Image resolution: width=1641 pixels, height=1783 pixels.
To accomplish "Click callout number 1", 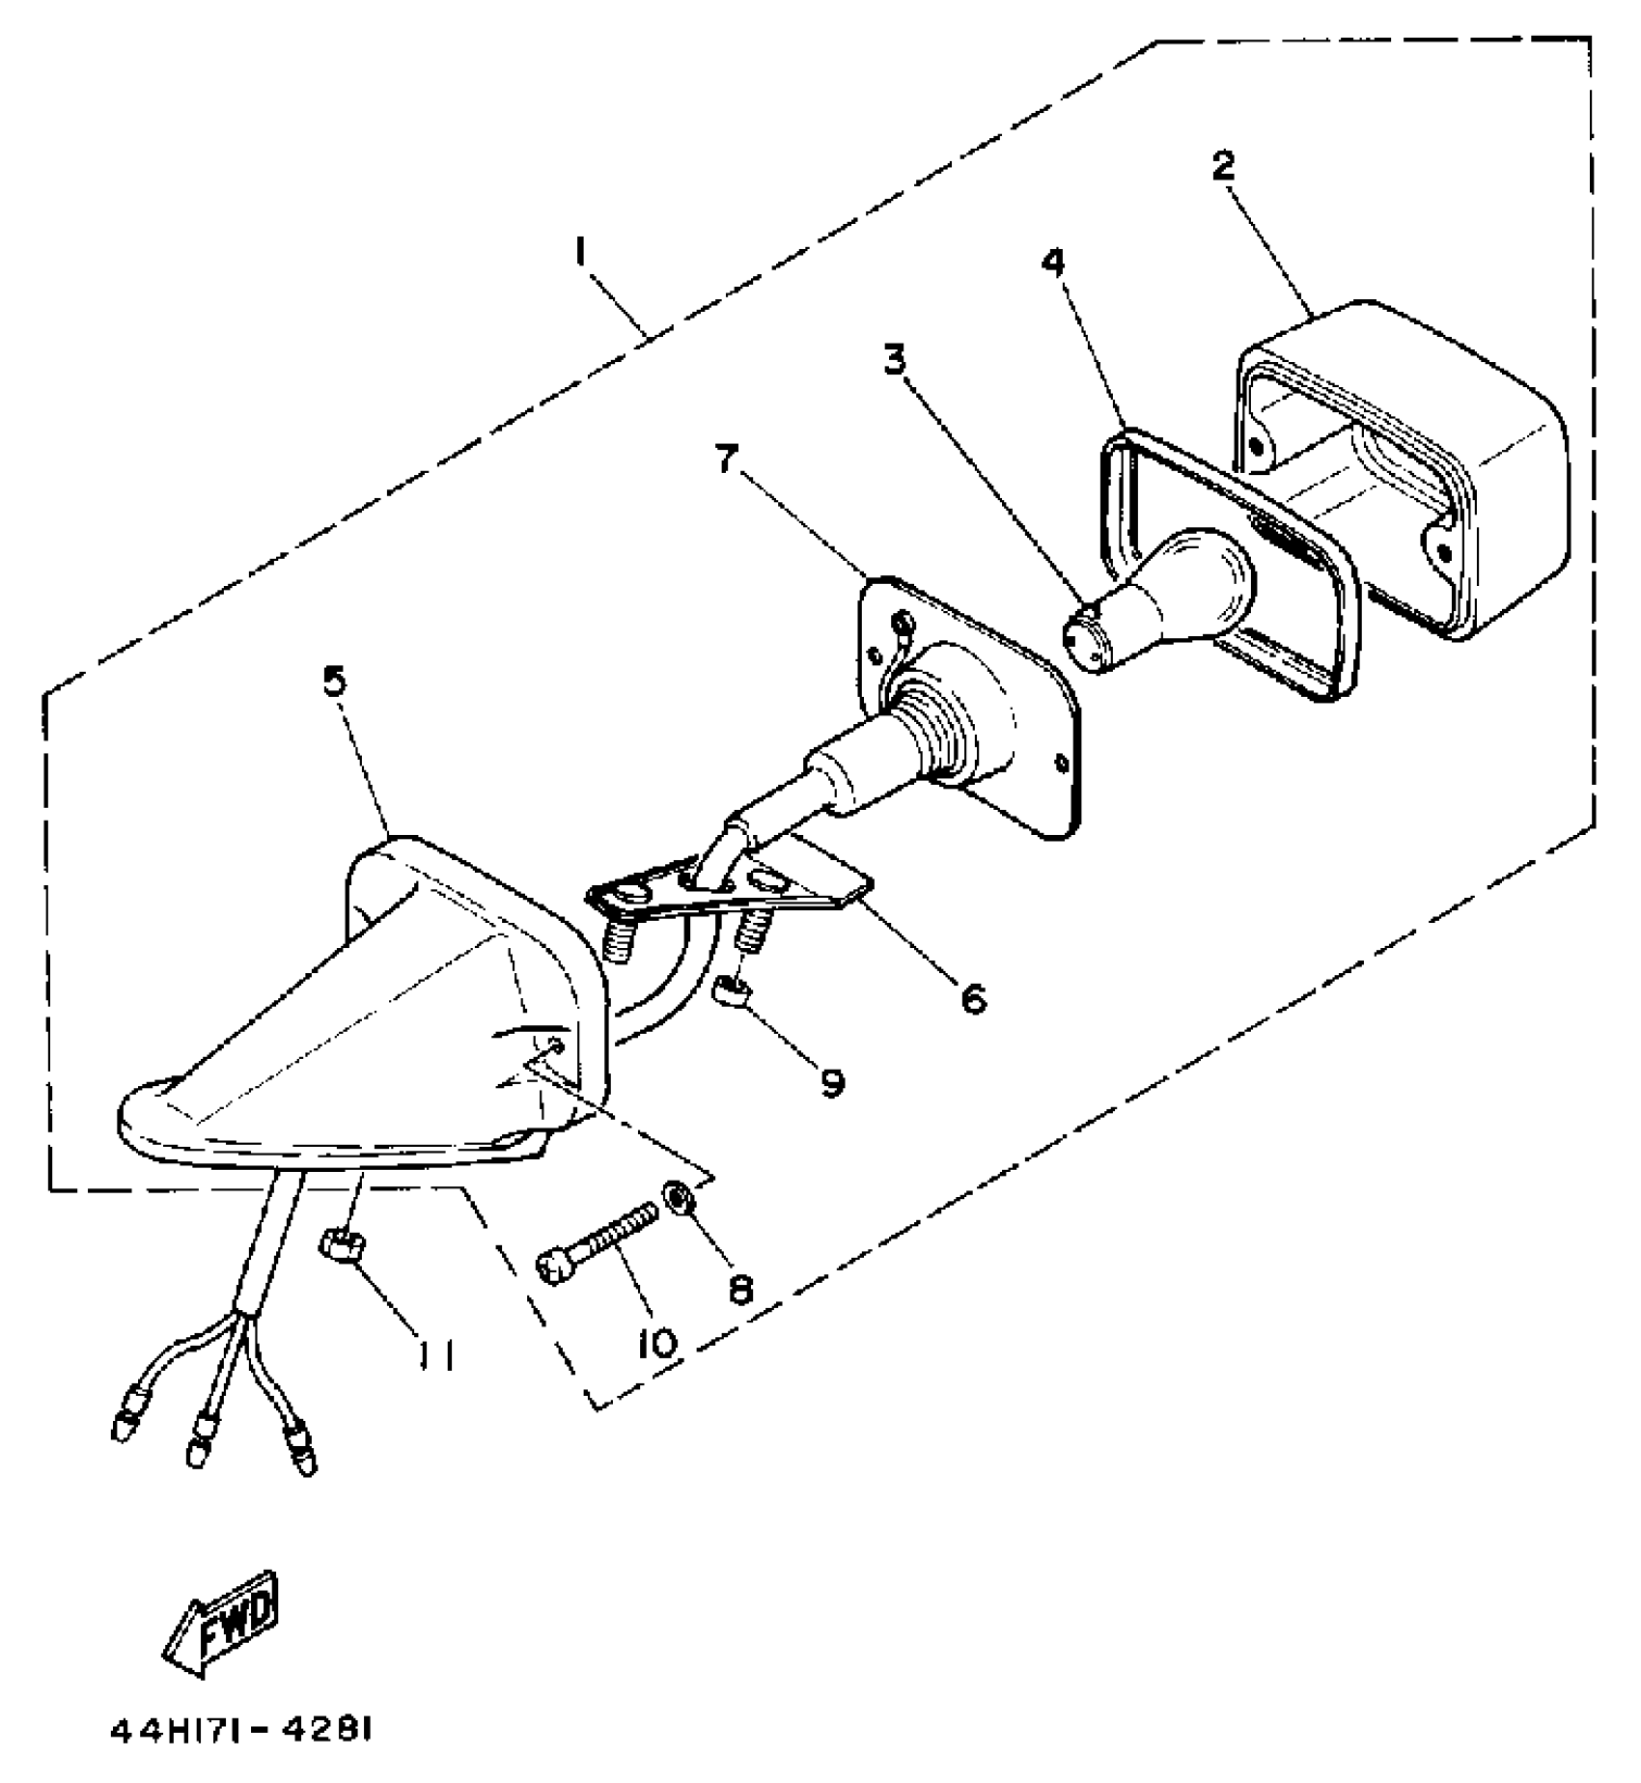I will coord(580,253).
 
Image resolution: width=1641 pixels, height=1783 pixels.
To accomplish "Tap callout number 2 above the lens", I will coord(1223,167).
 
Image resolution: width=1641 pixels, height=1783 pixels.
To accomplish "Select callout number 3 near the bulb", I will coord(895,360).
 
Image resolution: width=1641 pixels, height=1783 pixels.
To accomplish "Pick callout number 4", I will coord(1054,261).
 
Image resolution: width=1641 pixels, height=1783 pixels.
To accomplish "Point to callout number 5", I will coord(334,682).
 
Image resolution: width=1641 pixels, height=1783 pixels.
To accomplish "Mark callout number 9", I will coord(830,1081).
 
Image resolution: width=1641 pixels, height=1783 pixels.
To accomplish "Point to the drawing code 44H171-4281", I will coord(240,1731).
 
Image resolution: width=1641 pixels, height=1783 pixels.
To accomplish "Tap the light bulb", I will coord(1168,594).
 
